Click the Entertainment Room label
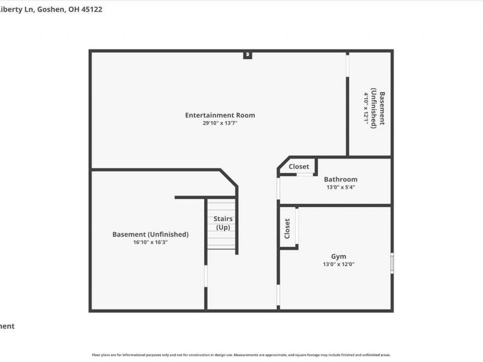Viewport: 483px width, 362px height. tap(220, 115)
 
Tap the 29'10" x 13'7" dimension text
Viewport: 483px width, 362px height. tap(220, 123)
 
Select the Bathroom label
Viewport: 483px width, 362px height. tap(341, 179)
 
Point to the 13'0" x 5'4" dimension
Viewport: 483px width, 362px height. tap(341, 187)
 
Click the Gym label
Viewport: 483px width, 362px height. tap(339, 256)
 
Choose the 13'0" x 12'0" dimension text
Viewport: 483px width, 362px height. tap(339, 264)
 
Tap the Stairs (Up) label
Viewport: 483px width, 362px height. tap(223, 223)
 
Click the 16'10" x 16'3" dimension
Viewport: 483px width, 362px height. tap(150, 242)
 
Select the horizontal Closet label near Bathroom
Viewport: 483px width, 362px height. tap(299, 167)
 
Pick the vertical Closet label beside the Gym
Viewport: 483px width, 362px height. tap(287, 228)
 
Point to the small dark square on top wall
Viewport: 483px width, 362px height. tap(247, 55)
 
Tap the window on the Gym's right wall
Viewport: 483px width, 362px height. tap(392, 263)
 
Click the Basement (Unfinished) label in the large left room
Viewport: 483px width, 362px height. tap(150, 234)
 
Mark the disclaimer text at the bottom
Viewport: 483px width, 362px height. tap(241, 355)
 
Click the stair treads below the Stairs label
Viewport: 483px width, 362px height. tap(221, 241)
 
